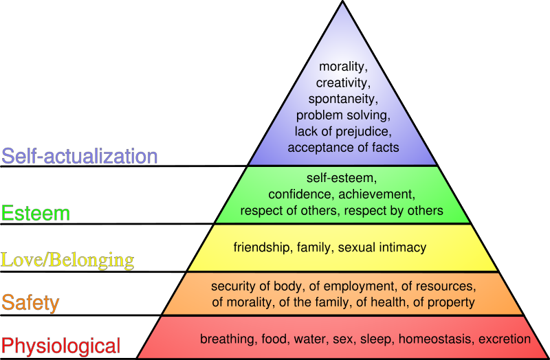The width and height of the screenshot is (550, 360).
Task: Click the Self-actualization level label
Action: coord(80,156)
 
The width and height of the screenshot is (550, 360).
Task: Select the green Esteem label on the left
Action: coord(36,213)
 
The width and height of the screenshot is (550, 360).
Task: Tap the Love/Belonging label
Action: coord(67,260)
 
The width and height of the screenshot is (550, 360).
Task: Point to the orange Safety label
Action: coord(30,303)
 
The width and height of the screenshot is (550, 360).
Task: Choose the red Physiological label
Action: coord(61,346)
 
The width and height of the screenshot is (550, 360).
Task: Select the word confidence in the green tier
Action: coord(301,194)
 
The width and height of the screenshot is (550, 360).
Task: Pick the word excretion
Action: coord(505,339)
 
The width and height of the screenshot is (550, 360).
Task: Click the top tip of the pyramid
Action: coord(342,1)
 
